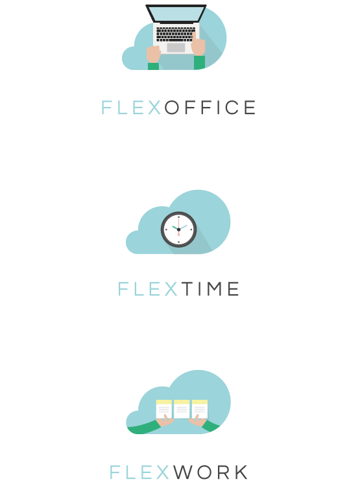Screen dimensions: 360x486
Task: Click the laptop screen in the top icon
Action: (176, 14)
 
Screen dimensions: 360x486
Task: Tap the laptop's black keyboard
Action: (176, 34)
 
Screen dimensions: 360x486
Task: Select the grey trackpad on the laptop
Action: (176, 47)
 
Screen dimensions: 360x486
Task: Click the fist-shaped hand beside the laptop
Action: (153, 54)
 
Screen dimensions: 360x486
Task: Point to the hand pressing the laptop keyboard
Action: (198, 45)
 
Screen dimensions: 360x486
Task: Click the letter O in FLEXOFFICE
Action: (172, 108)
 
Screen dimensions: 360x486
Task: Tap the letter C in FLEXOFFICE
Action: (232, 108)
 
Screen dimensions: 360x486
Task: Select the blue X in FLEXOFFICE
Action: (154, 108)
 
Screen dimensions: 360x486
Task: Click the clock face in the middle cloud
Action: (179, 229)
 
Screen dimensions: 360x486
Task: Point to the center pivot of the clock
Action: (179, 229)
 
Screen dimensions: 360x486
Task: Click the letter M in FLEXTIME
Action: (215, 289)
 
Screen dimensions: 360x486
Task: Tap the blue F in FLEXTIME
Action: (123, 289)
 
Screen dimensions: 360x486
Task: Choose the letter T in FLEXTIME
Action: (187, 289)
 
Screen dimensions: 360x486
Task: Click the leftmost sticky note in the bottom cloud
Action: (164, 409)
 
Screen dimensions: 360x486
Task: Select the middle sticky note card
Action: (182, 409)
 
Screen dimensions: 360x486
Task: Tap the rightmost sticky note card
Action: (200, 409)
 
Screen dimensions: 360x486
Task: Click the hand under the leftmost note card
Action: (165, 421)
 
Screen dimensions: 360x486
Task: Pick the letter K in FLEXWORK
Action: (241, 472)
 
